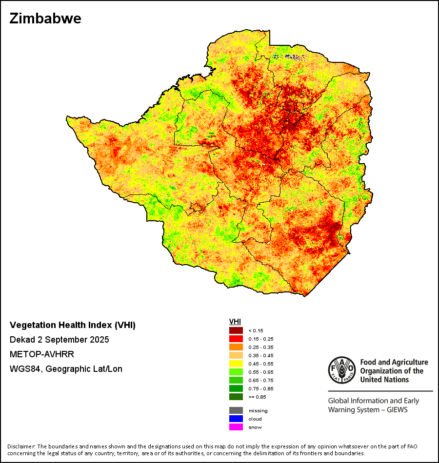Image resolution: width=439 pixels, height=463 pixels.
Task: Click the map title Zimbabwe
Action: click(x=45, y=19)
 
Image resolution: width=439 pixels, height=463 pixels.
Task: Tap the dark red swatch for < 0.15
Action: click(x=236, y=330)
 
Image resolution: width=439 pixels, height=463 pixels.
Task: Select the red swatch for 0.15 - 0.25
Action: click(x=236, y=339)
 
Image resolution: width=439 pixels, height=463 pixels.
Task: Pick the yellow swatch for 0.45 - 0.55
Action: click(x=236, y=364)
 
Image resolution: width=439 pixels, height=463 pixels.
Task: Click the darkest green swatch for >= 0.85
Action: click(x=236, y=397)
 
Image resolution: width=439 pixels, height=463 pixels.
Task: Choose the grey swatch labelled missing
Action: click(x=236, y=410)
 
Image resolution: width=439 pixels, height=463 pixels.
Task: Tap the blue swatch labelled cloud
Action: click(x=236, y=419)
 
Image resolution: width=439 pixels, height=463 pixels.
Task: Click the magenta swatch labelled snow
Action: click(x=236, y=427)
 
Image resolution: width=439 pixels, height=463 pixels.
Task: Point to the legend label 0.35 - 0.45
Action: click(x=261, y=355)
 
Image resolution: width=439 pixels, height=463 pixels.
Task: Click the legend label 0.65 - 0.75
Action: click(x=261, y=380)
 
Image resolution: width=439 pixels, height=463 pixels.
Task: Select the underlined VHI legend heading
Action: click(x=235, y=322)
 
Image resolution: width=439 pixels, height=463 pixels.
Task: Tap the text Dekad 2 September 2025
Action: click(x=59, y=339)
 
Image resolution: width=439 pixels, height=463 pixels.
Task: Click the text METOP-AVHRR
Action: click(x=42, y=354)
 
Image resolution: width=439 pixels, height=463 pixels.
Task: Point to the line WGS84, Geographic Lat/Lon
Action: click(x=66, y=369)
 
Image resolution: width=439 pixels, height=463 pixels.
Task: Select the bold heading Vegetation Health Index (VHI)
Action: click(x=73, y=325)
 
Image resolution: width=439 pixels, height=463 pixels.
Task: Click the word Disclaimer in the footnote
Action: click(x=21, y=446)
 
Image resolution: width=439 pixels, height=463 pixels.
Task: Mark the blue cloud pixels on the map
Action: click(x=288, y=57)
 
